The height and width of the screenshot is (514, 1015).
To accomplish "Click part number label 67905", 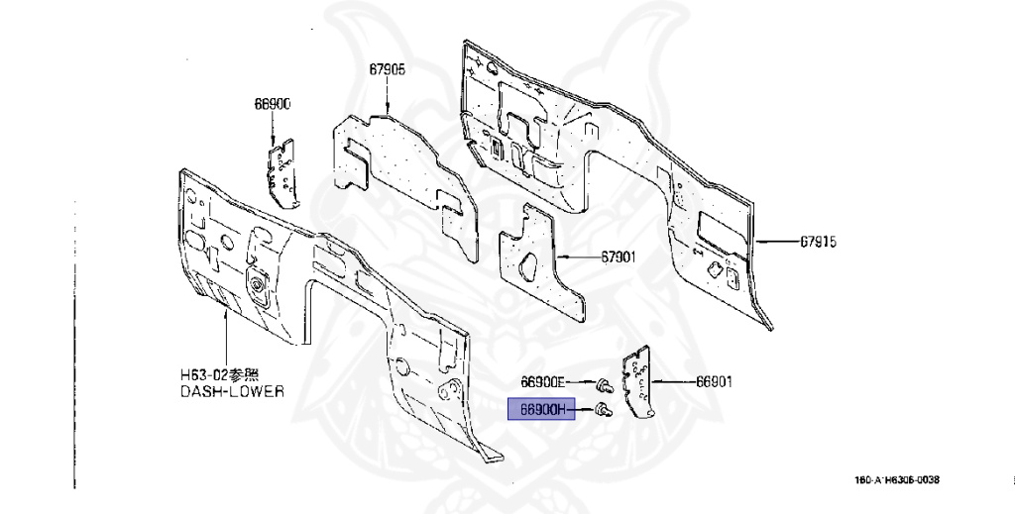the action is pos(388,69).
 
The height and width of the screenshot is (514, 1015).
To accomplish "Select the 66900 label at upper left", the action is pos(271,104).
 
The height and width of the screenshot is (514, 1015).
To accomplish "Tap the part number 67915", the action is pos(818,241).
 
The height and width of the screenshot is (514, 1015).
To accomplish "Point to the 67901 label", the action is pos(618,257).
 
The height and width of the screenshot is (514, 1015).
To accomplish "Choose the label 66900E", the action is pos(543,381).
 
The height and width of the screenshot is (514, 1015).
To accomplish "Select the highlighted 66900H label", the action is pos(541,409).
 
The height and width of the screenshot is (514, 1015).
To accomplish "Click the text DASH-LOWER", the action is pos(231,391).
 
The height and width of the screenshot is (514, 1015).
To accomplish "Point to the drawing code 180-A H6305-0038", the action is pos(897,480).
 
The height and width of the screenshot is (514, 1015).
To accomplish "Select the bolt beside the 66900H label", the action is pos(603,409).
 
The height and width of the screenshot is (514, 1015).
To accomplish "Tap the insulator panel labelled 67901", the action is pos(535,264).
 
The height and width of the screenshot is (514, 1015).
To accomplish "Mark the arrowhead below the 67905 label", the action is pos(388,107).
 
